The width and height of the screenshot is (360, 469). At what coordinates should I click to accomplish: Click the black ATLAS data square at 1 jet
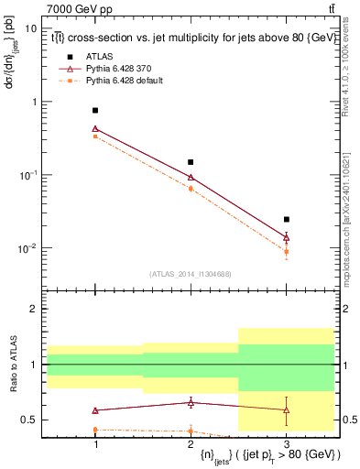click(x=95, y=110)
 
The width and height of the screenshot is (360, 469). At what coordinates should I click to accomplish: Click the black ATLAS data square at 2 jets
click(x=191, y=162)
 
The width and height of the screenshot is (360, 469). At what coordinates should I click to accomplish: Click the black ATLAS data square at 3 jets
click(x=286, y=220)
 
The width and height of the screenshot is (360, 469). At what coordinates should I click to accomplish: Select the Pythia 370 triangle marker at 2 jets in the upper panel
click(x=191, y=177)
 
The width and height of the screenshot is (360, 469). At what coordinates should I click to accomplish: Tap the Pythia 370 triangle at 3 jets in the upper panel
click(x=286, y=237)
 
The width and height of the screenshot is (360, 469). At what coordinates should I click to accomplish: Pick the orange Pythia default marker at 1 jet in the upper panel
click(x=95, y=136)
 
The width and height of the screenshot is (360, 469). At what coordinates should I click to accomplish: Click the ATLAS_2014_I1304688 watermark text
click(x=191, y=274)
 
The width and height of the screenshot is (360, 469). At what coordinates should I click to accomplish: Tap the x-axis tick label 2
click(x=191, y=443)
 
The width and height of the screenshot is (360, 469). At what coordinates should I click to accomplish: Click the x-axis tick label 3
click(x=286, y=443)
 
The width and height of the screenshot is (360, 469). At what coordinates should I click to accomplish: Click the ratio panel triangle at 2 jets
click(x=191, y=402)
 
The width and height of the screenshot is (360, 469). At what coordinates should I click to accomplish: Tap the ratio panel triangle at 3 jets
click(x=286, y=409)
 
